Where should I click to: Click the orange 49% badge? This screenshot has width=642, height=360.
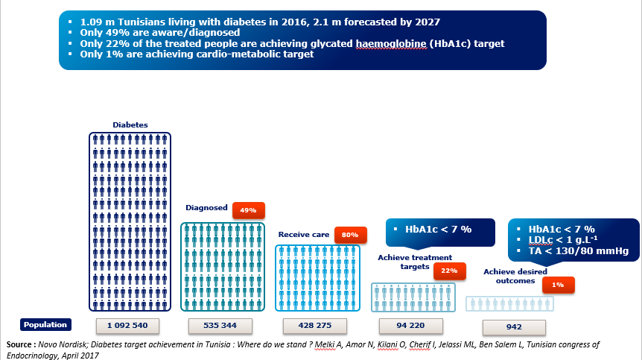[249, 210]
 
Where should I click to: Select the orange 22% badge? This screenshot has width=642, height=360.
[449, 270]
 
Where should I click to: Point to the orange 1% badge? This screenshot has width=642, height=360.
[558, 284]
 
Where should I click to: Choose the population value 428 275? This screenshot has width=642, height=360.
[313, 325]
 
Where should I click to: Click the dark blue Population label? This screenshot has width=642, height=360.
[45, 324]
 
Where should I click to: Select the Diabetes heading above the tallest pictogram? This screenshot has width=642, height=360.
[130, 124]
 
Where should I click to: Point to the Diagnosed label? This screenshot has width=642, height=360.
[206, 208]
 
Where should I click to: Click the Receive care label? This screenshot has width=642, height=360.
[303, 234]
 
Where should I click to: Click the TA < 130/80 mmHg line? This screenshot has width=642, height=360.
[578, 251]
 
